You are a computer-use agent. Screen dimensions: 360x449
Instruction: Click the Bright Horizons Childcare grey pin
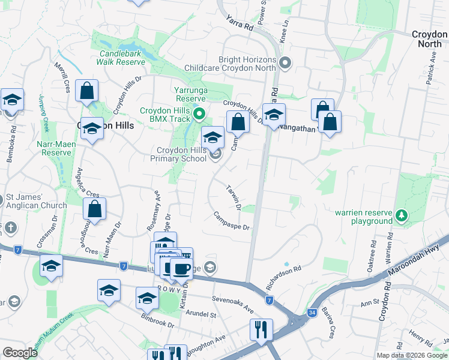[x=286, y=62]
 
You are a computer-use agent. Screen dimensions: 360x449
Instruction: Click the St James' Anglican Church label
[x=36, y=202]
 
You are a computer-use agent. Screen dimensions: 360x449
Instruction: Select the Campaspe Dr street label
[x=231, y=220]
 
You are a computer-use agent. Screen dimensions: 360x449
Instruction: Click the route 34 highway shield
[x=312, y=312]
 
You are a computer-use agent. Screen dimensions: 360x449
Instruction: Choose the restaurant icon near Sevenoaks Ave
[x=261, y=330]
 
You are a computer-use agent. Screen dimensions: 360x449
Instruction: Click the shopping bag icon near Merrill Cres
[x=86, y=91]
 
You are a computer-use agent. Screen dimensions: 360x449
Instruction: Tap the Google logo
[x=20, y=353]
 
